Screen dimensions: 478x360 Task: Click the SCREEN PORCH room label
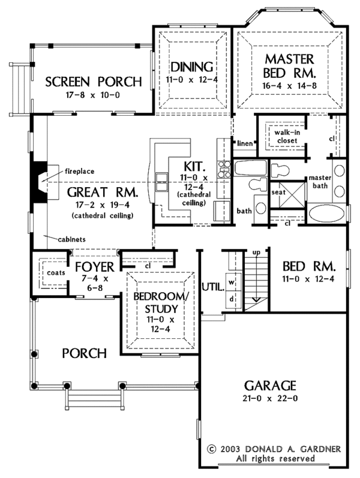[x=94, y=82]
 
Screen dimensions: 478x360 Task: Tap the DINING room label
[x=192, y=67]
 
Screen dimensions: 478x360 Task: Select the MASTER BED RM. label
[x=290, y=67]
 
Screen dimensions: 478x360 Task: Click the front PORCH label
[x=85, y=353]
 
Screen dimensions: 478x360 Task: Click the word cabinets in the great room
[x=71, y=239]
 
